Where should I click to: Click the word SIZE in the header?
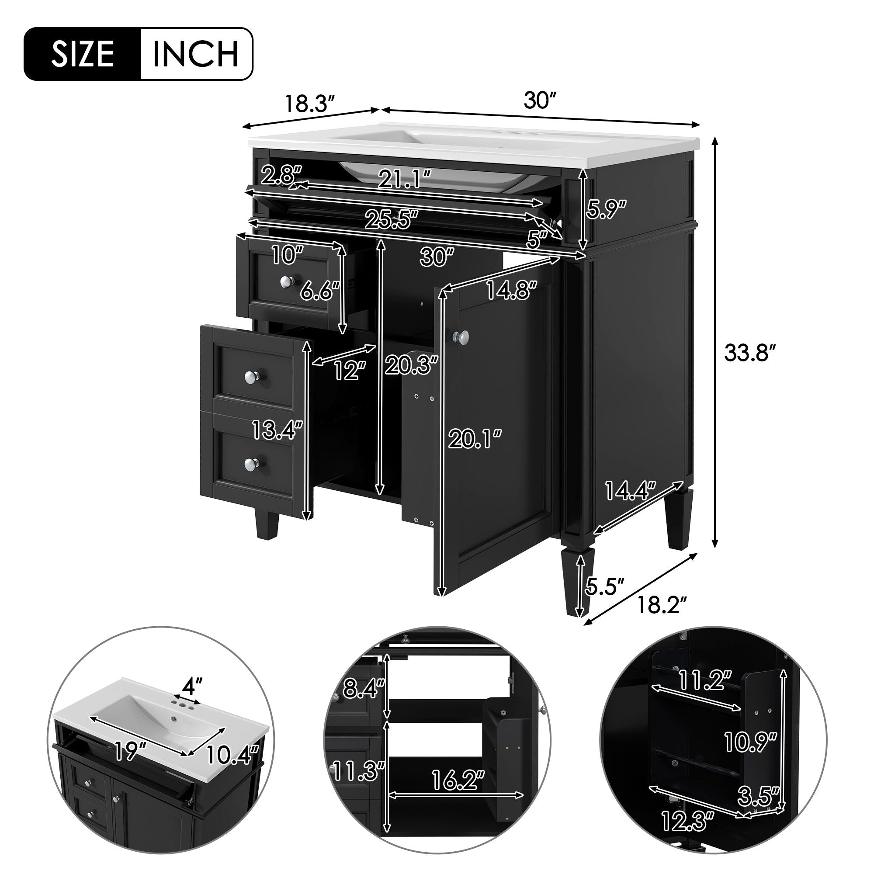(x=82, y=54)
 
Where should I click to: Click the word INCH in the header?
(x=196, y=54)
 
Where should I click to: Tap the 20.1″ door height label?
(x=475, y=439)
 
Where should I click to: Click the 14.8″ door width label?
(x=511, y=290)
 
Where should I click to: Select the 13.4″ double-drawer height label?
(x=277, y=429)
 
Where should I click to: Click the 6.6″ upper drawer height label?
(x=320, y=291)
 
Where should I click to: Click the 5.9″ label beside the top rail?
(x=606, y=208)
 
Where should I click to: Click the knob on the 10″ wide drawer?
(x=286, y=282)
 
